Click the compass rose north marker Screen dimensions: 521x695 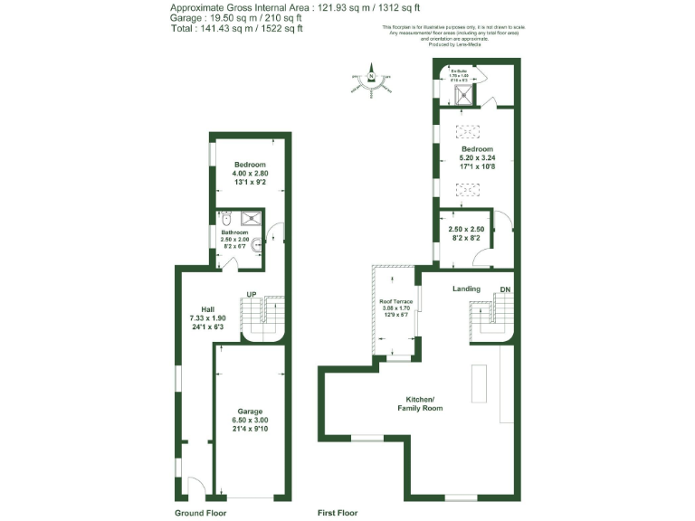(371, 76)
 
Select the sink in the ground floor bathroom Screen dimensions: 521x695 (257, 242)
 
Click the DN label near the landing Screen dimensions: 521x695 (504, 290)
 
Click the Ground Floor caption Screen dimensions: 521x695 (200, 513)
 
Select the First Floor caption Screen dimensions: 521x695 (338, 513)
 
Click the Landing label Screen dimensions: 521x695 (466, 289)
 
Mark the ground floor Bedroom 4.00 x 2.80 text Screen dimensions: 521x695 (250, 173)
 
